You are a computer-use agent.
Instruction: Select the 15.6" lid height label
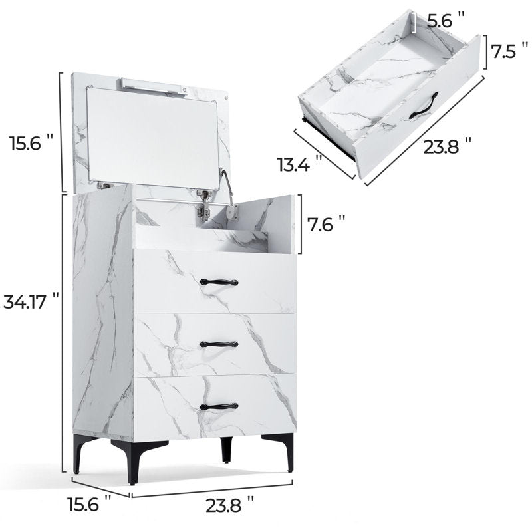(x=31, y=142)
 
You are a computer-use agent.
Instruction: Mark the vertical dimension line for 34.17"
(x=63, y=332)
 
